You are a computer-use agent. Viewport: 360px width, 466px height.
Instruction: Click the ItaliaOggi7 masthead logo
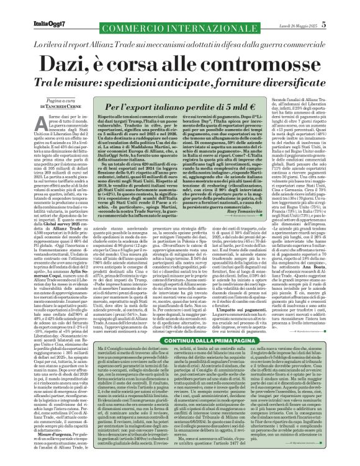(25, 7)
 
